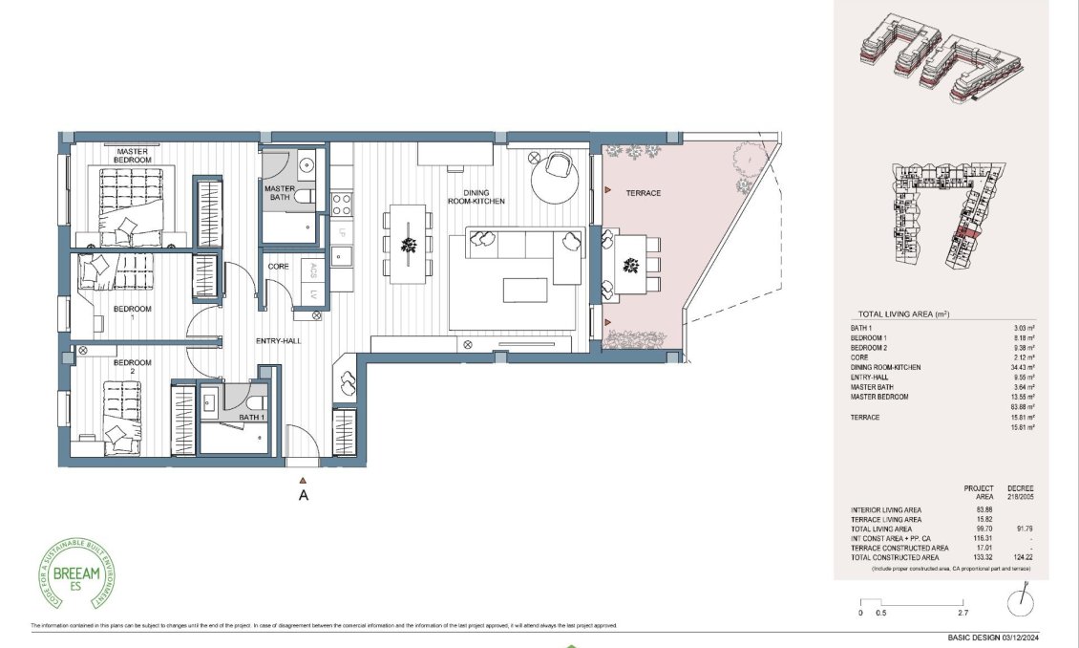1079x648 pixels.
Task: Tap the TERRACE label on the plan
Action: click(x=643, y=193)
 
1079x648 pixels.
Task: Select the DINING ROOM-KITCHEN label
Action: click(x=476, y=197)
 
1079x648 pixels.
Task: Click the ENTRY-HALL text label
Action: click(x=279, y=341)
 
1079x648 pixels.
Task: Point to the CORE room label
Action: click(x=278, y=267)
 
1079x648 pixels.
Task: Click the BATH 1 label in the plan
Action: click(x=252, y=418)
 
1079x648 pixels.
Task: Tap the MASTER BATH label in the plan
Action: click(x=279, y=194)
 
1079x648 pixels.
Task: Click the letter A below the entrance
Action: click(x=303, y=495)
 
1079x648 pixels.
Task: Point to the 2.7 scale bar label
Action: click(x=963, y=613)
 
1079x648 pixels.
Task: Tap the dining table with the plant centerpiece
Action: click(x=409, y=245)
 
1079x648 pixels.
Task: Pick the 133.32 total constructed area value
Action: click(x=979, y=557)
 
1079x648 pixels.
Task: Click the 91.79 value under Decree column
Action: click(x=1024, y=529)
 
